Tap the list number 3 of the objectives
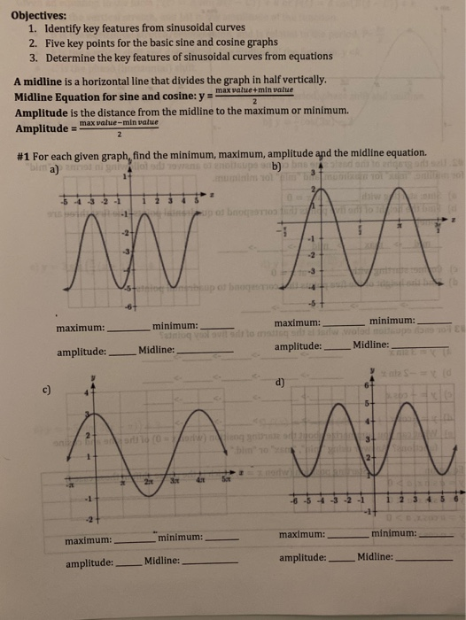(x=32, y=57)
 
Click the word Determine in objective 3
(x=72, y=57)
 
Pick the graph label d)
(x=280, y=383)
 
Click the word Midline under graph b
(x=370, y=345)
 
